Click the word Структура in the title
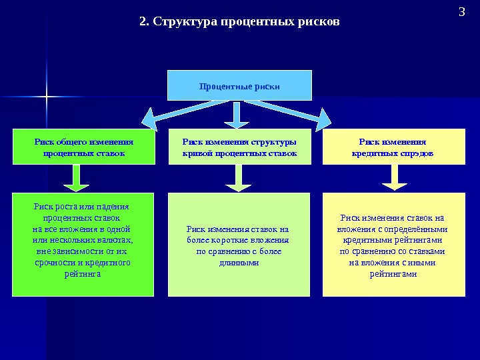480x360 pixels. point(180,22)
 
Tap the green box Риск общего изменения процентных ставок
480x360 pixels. point(83,147)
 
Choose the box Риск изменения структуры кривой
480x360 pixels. point(239,147)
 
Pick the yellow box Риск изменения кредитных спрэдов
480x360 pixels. point(393,147)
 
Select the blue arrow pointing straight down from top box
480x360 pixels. point(236,115)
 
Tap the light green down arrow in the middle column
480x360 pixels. point(236,178)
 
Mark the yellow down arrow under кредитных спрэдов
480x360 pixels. point(394,178)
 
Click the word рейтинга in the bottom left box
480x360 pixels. point(83,274)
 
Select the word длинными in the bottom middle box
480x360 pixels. point(239,263)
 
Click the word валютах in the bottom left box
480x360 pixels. point(117,240)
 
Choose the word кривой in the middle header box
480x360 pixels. point(197,153)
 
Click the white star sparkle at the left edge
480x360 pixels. point(47,97)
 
